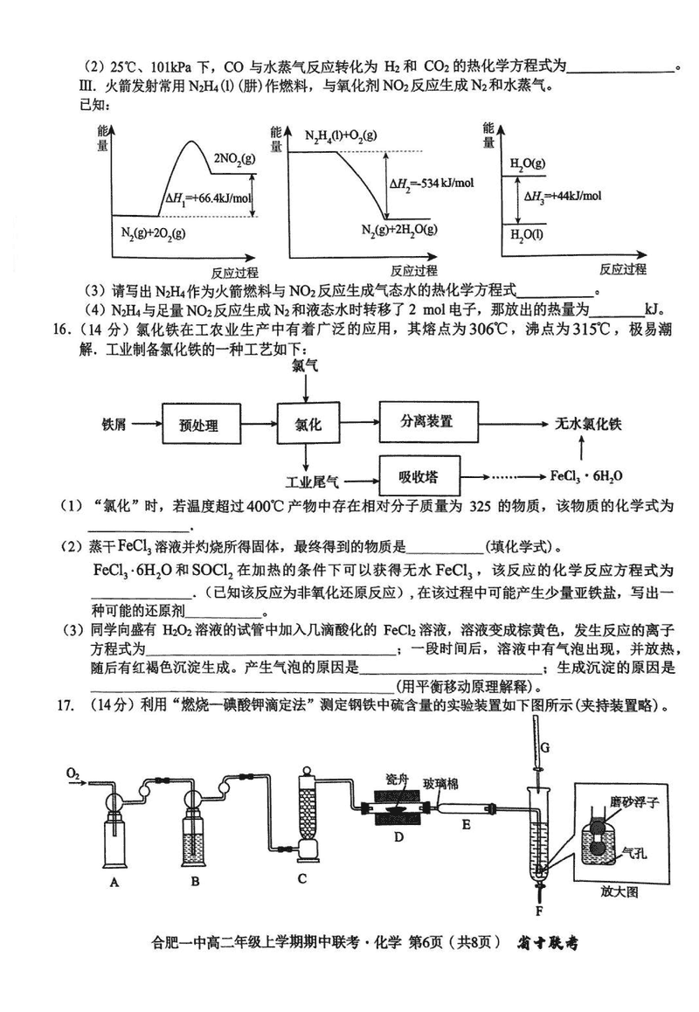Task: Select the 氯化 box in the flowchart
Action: pos(304,424)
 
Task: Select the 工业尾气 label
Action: pos(314,482)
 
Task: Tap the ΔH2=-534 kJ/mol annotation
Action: pos(432,183)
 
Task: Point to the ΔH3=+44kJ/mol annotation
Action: pos(564,195)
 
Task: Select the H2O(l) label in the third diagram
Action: pos(529,235)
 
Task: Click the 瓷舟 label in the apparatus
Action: pos(398,779)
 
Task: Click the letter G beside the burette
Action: pos(544,747)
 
